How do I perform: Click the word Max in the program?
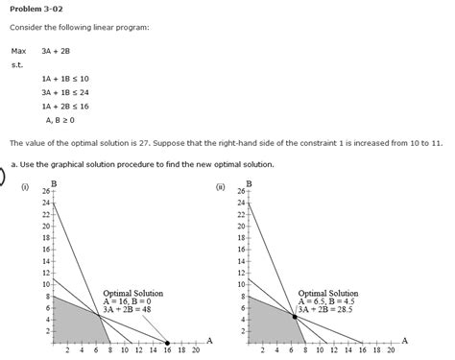pos(18,50)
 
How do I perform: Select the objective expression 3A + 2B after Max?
pos(55,50)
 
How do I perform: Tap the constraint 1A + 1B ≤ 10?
pos(64,78)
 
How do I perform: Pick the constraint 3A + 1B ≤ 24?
pos(64,92)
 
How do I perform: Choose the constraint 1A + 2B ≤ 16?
pos(64,107)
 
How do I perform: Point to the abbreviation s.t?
pos(16,64)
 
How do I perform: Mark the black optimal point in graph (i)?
pos(167,343)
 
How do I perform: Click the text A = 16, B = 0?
pos(133,300)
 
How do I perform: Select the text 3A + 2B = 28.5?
pos(327,309)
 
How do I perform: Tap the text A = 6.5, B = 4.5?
pos(328,300)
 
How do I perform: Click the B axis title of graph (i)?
pos(54,183)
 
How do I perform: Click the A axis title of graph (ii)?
pos(404,340)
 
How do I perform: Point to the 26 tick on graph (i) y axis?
pos(45,192)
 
